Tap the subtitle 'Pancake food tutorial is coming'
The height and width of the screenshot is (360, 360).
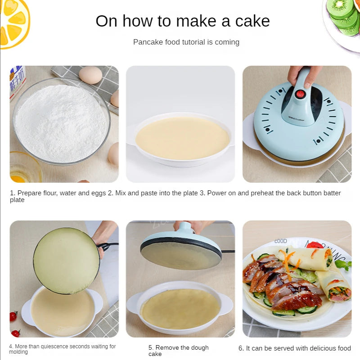click(x=186, y=42)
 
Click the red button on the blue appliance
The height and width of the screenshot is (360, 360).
click(x=300, y=94)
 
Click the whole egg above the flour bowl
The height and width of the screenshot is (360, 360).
click(x=90, y=75)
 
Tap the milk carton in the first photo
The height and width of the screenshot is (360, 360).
click(x=17, y=81)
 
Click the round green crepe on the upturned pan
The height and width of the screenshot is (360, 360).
click(x=66, y=261)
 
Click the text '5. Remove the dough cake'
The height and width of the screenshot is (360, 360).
click(x=179, y=351)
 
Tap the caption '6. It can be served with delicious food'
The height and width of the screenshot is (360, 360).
click(x=294, y=348)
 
